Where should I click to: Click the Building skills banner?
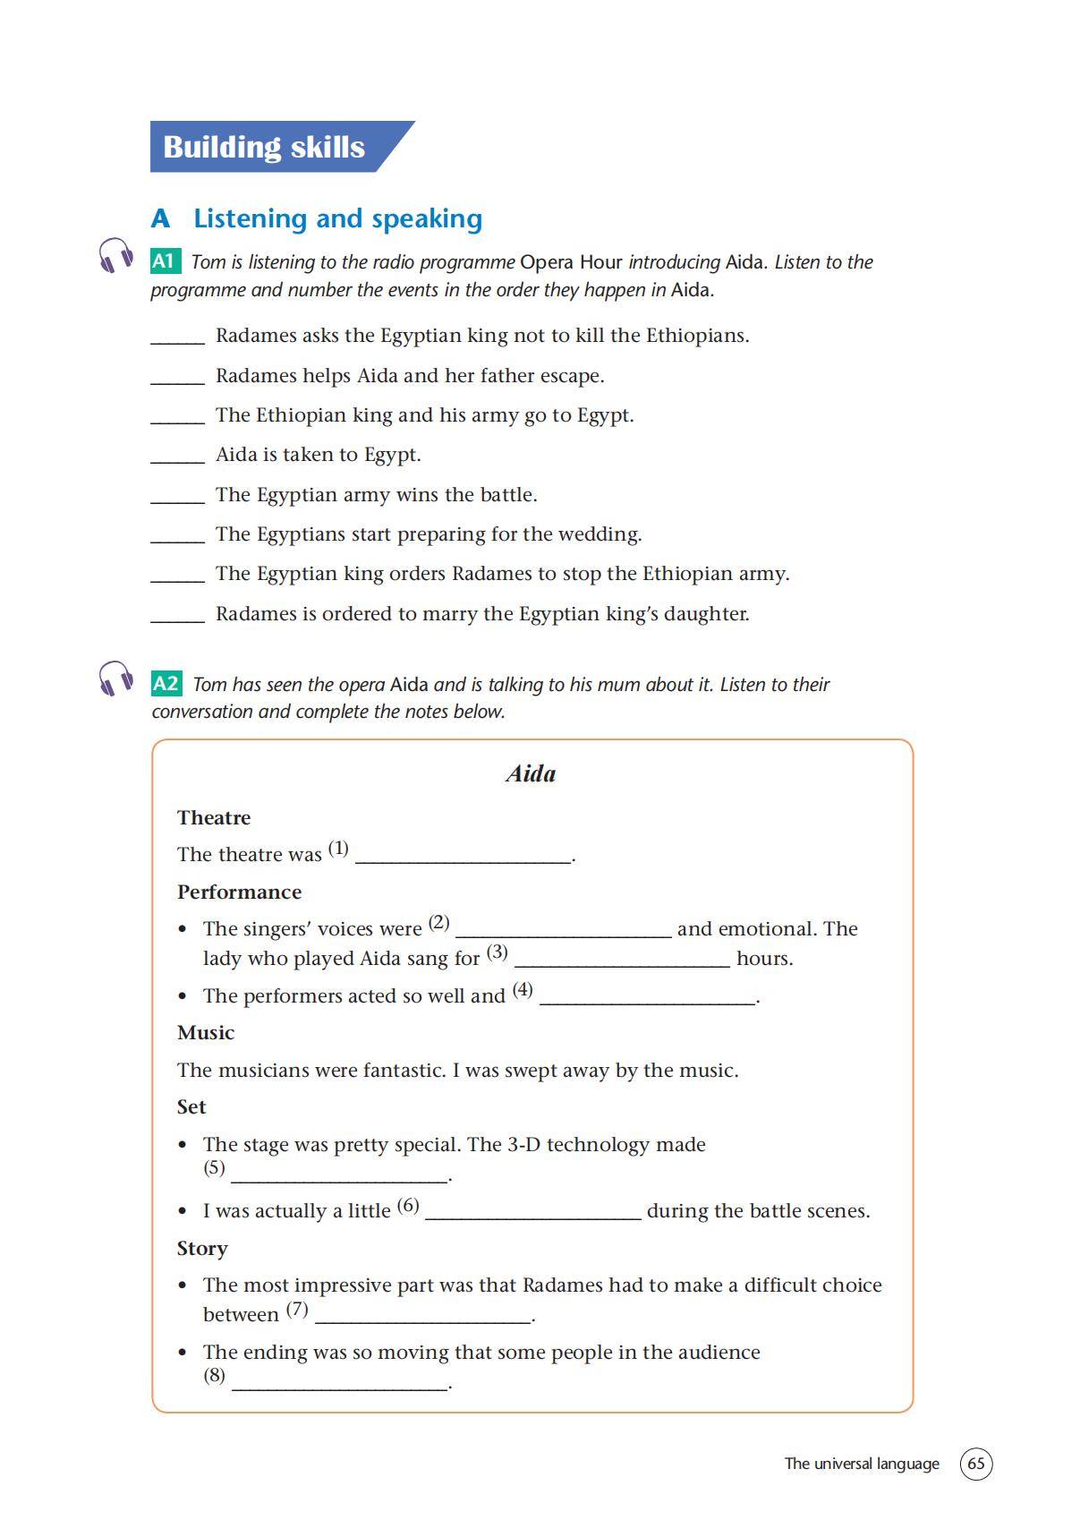pos(268,147)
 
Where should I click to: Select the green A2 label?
pos(166,684)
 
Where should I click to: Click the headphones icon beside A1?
pos(115,256)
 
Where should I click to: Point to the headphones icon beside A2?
pos(115,679)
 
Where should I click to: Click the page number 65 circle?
pos(976,1464)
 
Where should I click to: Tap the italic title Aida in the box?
pos(531,774)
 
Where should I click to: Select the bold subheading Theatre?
pos(214,817)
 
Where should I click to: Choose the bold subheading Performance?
pos(239,892)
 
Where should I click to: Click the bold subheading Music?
pos(206,1032)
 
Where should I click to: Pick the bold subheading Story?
pos(202,1248)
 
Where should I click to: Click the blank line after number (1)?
pos(463,860)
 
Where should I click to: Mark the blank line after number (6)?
pos(532,1217)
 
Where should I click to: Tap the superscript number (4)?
pos(523,990)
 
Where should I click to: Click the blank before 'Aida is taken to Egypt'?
pos(177,460)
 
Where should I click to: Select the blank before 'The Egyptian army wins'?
pos(177,500)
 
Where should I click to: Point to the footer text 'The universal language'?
pos(862,1464)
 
